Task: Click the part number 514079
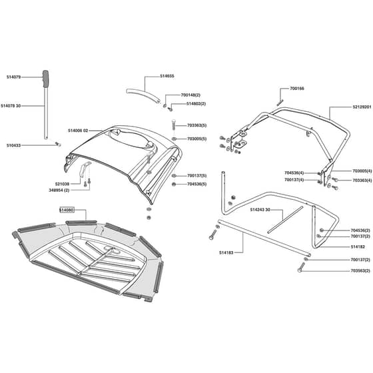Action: pyautogui.click(x=13, y=77)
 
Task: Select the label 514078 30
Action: pyautogui.click(x=11, y=106)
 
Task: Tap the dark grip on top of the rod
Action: pyautogui.click(x=45, y=79)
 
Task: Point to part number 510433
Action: pyautogui.click(x=13, y=145)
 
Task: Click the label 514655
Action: pyautogui.click(x=167, y=76)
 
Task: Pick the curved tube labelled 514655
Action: pyautogui.click(x=143, y=95)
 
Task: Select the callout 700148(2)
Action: pyautogui.click(x=190, y=95)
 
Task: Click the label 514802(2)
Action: pyautogui.click(x=196, y=104)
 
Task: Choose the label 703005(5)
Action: pyautogui.click(x=196, y=139)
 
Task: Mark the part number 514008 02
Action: pyautogui.click(x=78, y=131)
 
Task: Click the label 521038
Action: pyautogui.click(x=62, y=184)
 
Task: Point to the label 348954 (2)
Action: pyautogui.click(x=59, y=190)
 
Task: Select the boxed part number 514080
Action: pyautogui.click(x=67, y=210)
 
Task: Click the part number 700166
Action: pyautogui.click(x=297, y=89)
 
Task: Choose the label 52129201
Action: pyautogui.click(x=362, y=107)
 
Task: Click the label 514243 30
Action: pyautogui.click(x=260, y=210)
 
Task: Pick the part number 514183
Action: pyautogui.click(x=226, y=252)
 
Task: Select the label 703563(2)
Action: pyautogui.click(x=360, y=270)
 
